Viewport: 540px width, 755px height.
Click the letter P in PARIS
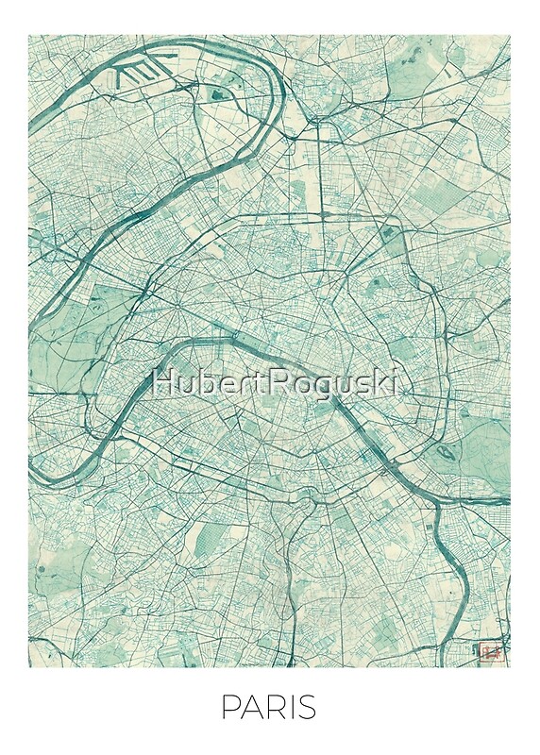228,709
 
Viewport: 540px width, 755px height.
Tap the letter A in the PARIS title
249,709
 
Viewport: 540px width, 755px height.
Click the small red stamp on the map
489,650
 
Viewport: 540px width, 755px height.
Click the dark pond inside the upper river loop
219,92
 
